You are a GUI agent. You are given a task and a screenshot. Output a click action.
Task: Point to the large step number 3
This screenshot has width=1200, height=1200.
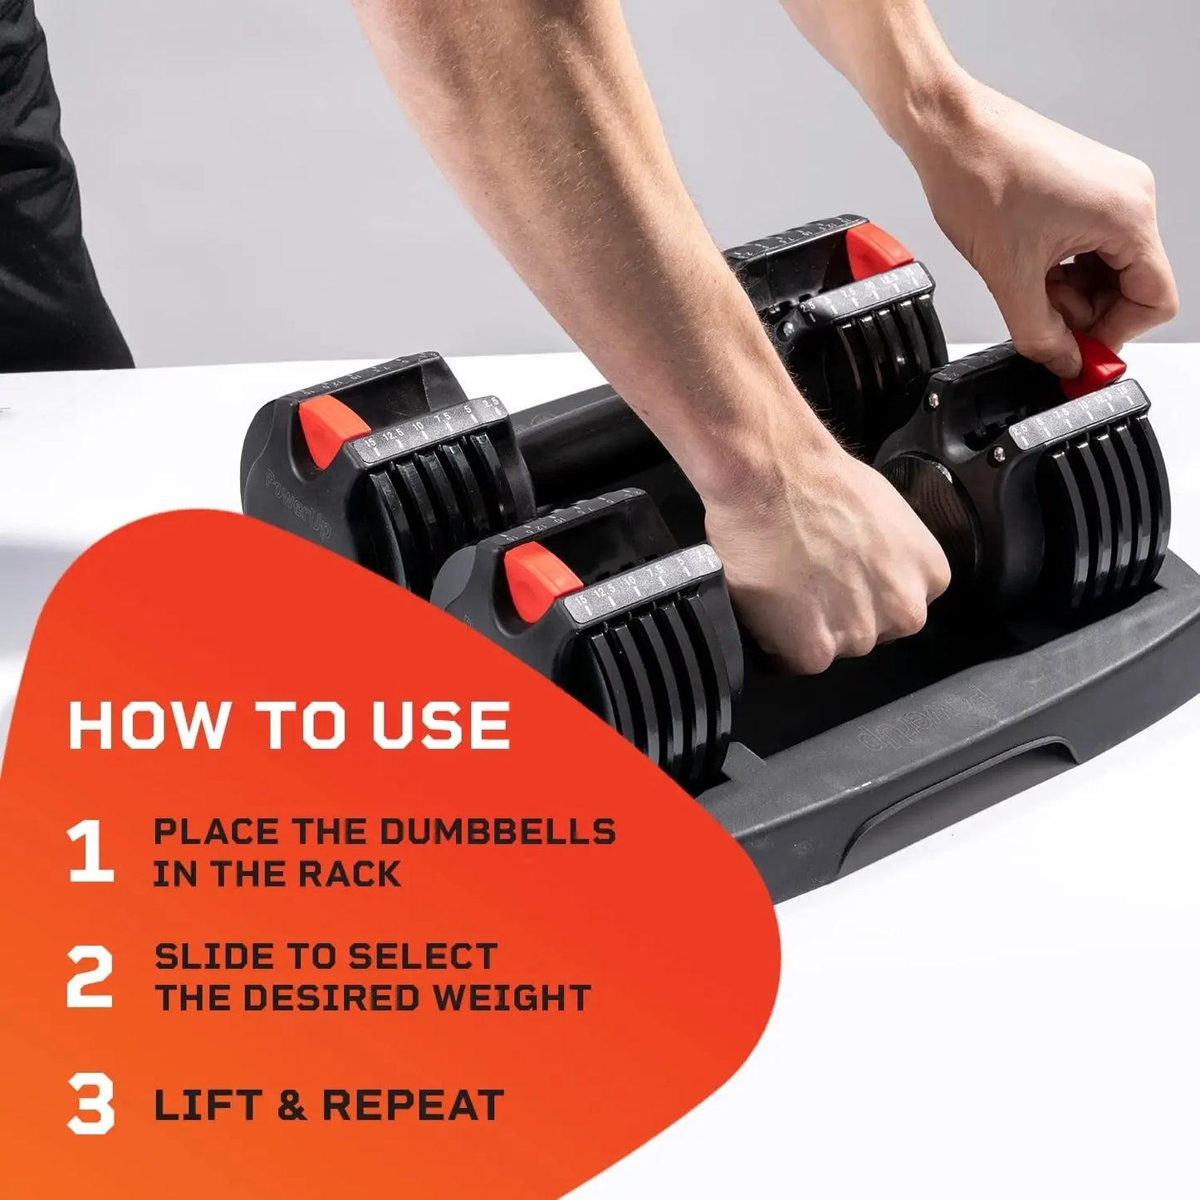pyautogui.click(x=90, y=1104)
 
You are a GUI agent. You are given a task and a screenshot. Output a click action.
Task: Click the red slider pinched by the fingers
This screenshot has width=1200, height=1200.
pyautogui.click(x=1092, y=369)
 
